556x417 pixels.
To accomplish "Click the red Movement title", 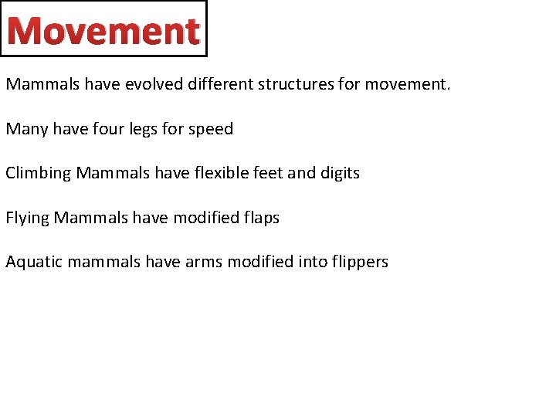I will [x=103, y=30].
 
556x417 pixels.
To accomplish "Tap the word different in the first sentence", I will [x=222, y=83].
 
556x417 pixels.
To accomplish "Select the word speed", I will [x=209, y=129].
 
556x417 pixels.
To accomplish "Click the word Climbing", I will [x=38, y=173].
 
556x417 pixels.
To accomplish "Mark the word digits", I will [x=339, y=173].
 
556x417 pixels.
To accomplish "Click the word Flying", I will [x=27, y=218].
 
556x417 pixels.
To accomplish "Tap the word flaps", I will [x=259, y=218].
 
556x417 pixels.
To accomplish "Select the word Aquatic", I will [x=34, y=262].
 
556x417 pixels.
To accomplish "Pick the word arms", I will [x=202, y=262].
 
